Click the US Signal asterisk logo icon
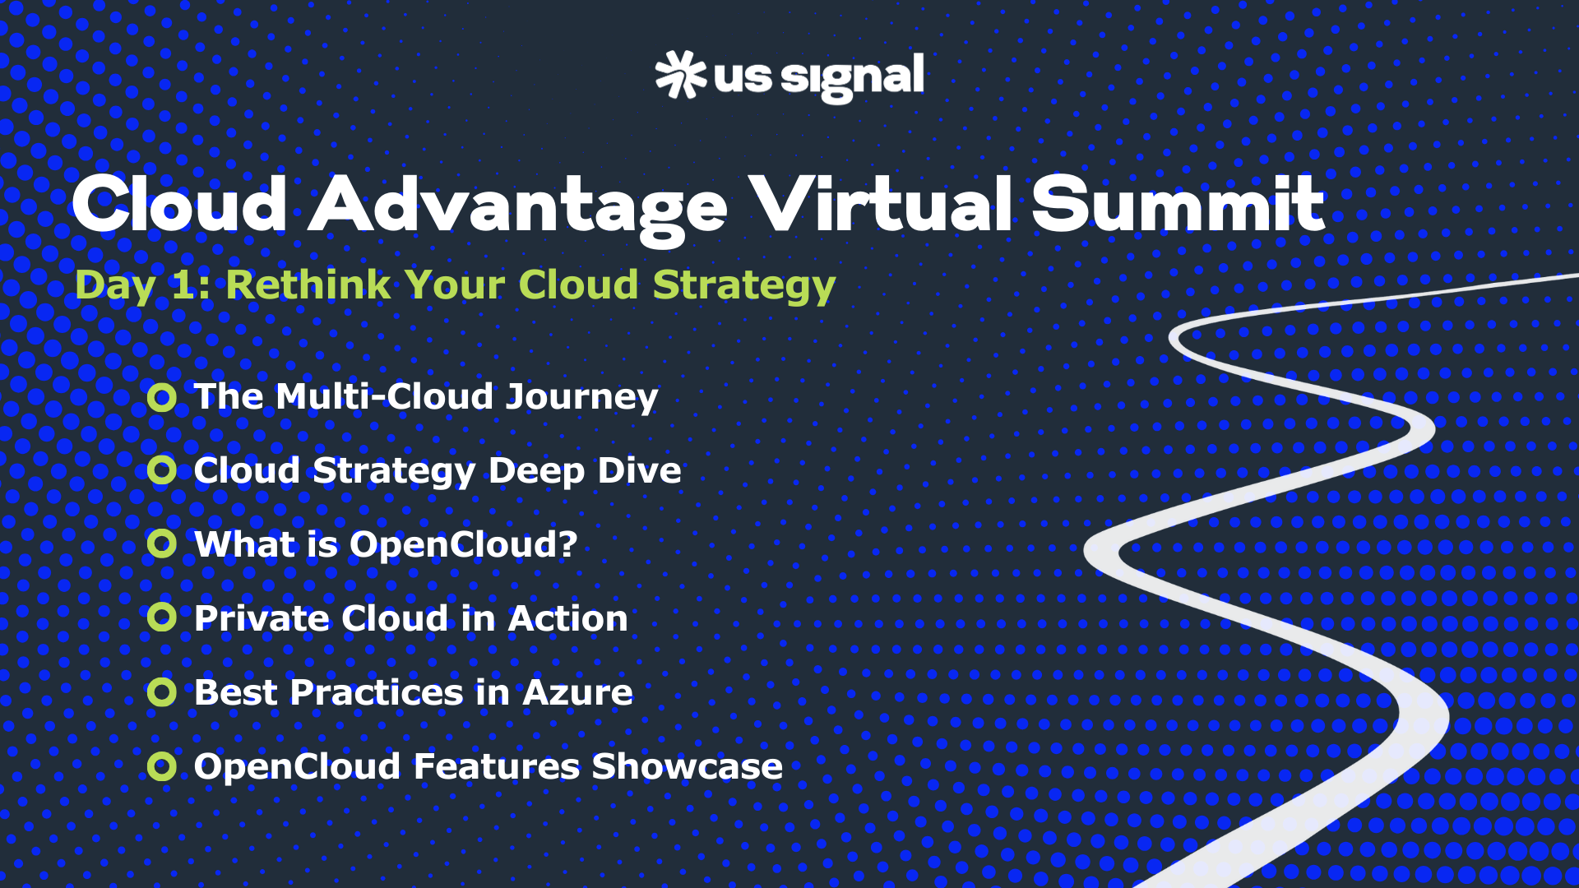pos(681,75)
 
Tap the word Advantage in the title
pos(518,210)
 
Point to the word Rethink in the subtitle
pos(308,284)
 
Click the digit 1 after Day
pos(181,286)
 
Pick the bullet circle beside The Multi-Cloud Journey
pos(162,398)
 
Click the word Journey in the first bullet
pos(581,399)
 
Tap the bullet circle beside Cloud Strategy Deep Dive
pos(162,470)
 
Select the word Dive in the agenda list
pos(639,470)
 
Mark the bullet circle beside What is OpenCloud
pos(162,543)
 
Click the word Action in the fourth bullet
pos(567,618)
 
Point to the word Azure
pos(577,692)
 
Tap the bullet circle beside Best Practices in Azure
pos(162,692)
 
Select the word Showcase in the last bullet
pos(687,766)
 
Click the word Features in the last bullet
pos(497,766)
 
